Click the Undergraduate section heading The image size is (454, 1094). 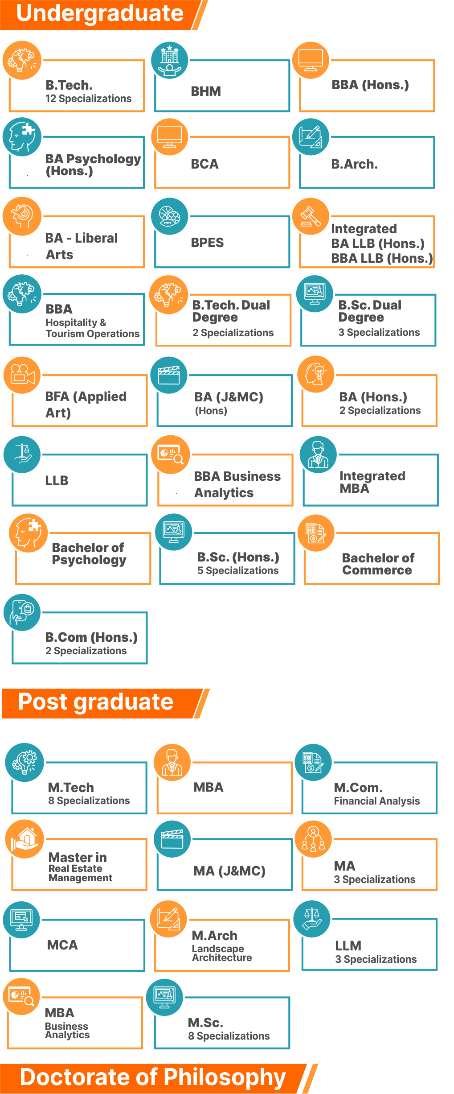pos(99,14)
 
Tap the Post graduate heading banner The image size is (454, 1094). pos(95,702)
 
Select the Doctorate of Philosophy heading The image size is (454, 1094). pos(153,1077)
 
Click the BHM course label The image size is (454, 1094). pos(206,91)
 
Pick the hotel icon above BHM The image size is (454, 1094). pos(169,60)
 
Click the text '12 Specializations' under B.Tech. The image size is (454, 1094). pos(89,99)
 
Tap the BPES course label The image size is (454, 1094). pos(207,243)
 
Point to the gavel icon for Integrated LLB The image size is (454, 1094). pos(311,216)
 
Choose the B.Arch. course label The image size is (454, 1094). pos(354,164)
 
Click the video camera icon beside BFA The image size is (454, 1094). pos(22,375)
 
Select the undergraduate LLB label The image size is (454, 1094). pos(57,480)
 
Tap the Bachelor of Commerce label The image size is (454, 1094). pos(378,564)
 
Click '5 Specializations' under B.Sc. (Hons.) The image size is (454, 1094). pos(238,570)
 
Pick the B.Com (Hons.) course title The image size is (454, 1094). pos(91,637)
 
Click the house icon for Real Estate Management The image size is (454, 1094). pos(25,839)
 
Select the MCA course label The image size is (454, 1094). pos(62,945)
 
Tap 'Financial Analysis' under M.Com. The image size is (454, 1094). pos(377,801)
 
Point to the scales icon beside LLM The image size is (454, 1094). pos(312,919)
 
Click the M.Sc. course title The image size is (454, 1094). pos(205,1022)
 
